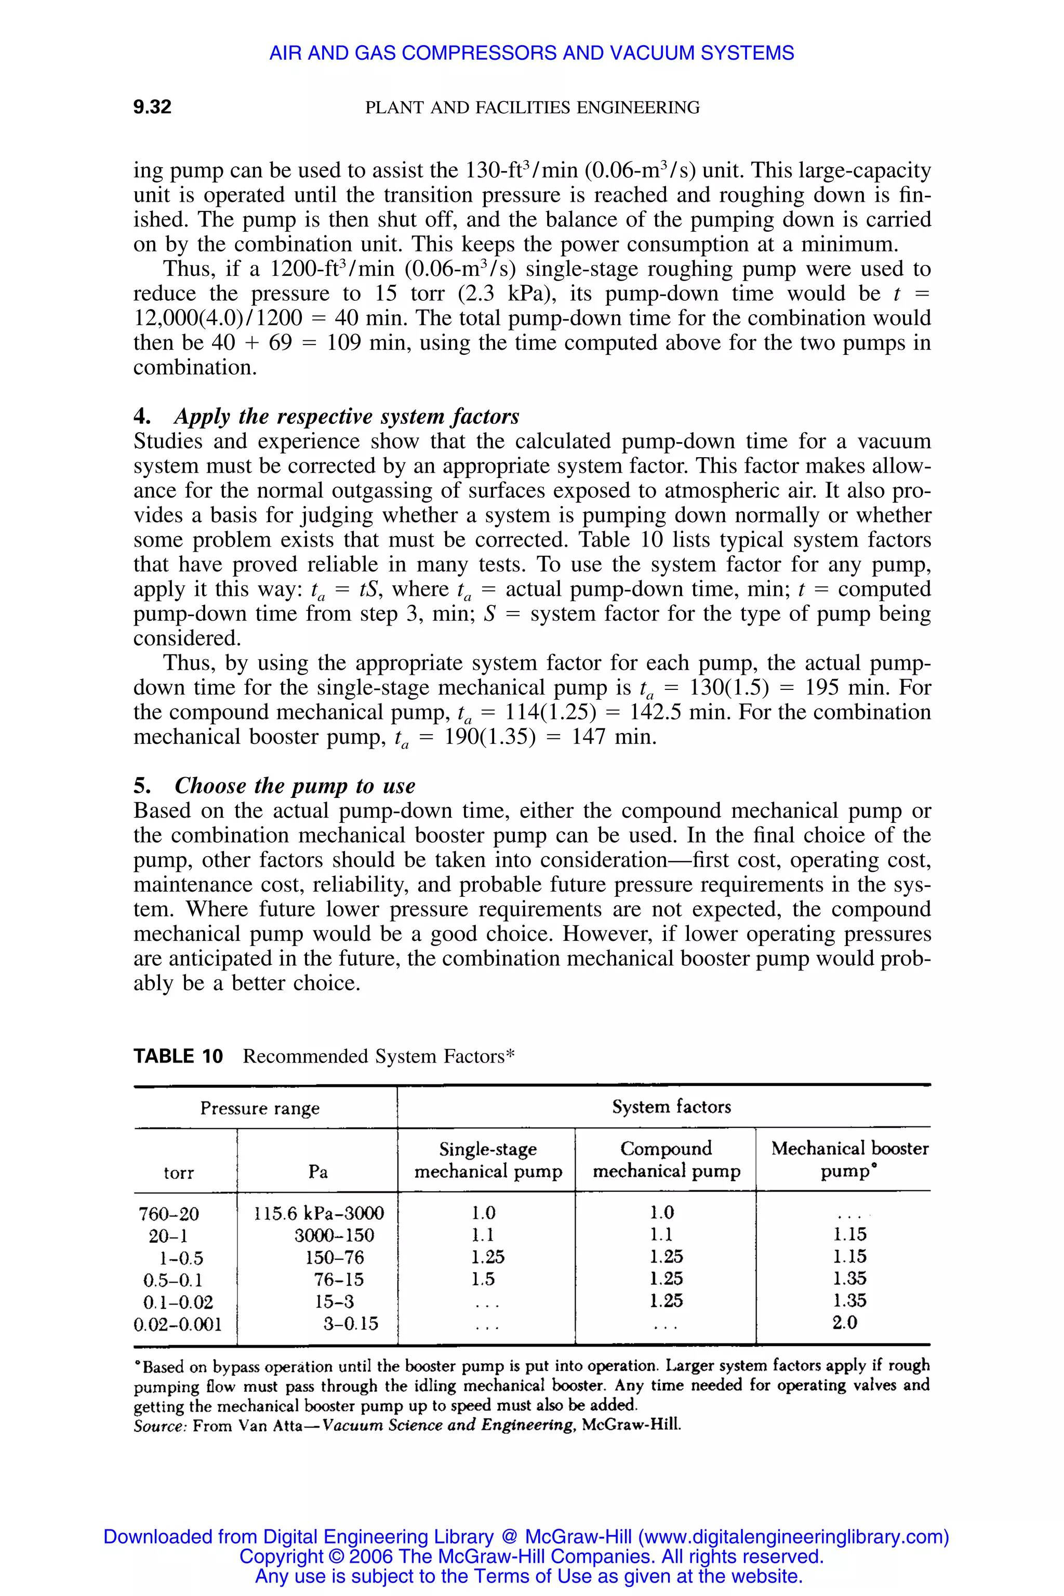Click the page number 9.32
click(x=152, y=107)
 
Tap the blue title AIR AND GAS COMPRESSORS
click(x=531, y=53)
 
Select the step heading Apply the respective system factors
click(x=346, y=416)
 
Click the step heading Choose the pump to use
click(x=295, y=785)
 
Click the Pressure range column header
click(x=259, y=1108)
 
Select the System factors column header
click(x=671, y=1107)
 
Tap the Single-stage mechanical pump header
click(x=488, y=1160)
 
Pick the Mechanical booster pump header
click(x=849, y=1159)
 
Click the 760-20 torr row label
click(x=169, y=1213)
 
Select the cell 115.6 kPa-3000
click(x=319, y=1213)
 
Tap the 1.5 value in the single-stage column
click(x=483, y=1279)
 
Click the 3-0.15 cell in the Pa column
click(x=350, y=1323)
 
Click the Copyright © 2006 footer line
click(x=531, y=1556)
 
